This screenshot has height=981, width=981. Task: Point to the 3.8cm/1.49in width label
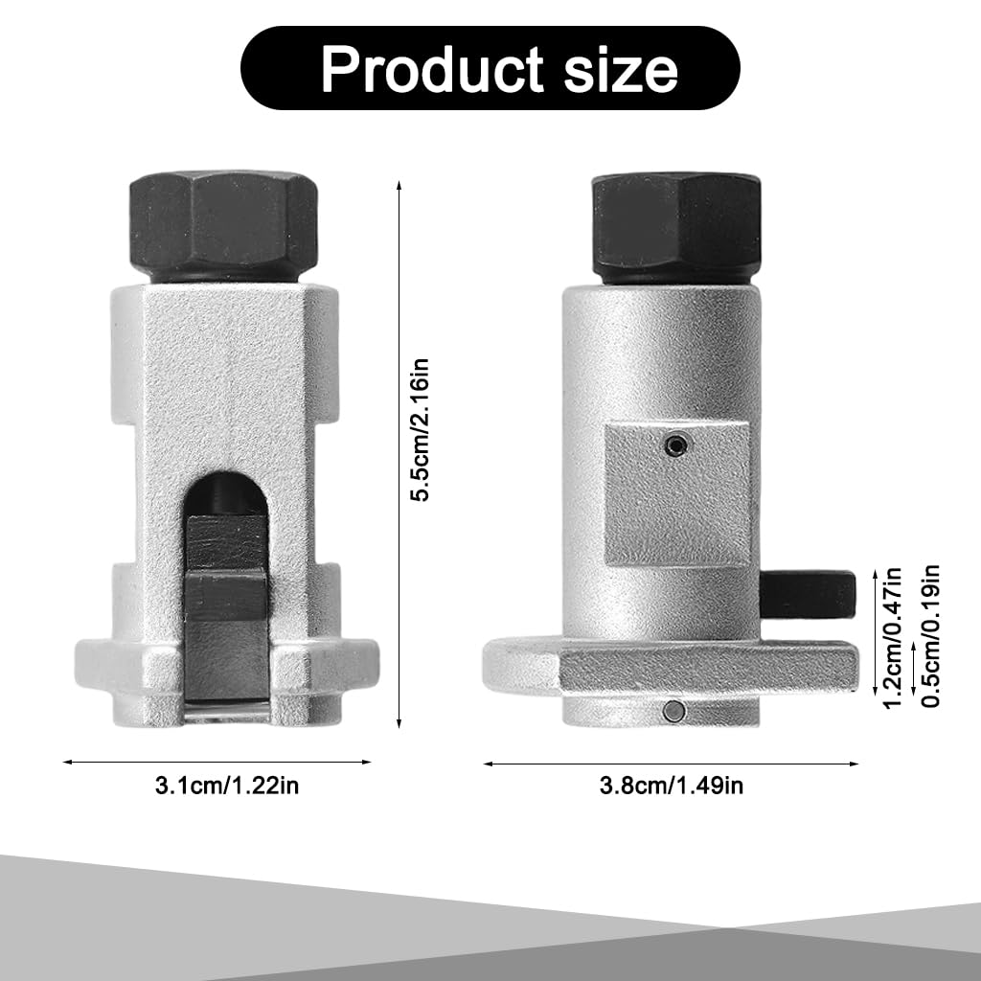click(672, 787)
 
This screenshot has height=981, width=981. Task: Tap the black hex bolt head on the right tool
click(676, 221)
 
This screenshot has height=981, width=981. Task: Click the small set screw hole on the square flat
click(678, 445)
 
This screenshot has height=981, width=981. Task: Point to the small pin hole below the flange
click(676, 710)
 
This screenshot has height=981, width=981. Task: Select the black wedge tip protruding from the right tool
click(810, 596)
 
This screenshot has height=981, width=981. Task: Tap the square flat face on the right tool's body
click(677, 494)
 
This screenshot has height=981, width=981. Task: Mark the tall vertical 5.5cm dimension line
click(399, 450)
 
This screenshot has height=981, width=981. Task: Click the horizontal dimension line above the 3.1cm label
click(217, 762)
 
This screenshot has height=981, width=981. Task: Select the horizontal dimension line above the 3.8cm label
click(671, 764)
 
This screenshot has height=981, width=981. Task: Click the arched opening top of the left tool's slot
click(224, 488)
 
